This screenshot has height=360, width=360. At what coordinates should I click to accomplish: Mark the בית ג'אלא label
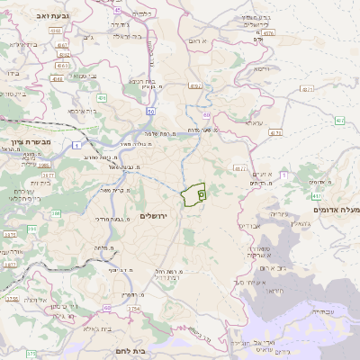click(x=89, y=328)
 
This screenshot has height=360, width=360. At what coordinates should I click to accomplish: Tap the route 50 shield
click(x=151, y=112)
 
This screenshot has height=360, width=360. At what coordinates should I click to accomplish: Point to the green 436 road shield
click(x=102, y=97)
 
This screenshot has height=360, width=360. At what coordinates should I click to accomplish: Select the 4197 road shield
click(x=196, y=87)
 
